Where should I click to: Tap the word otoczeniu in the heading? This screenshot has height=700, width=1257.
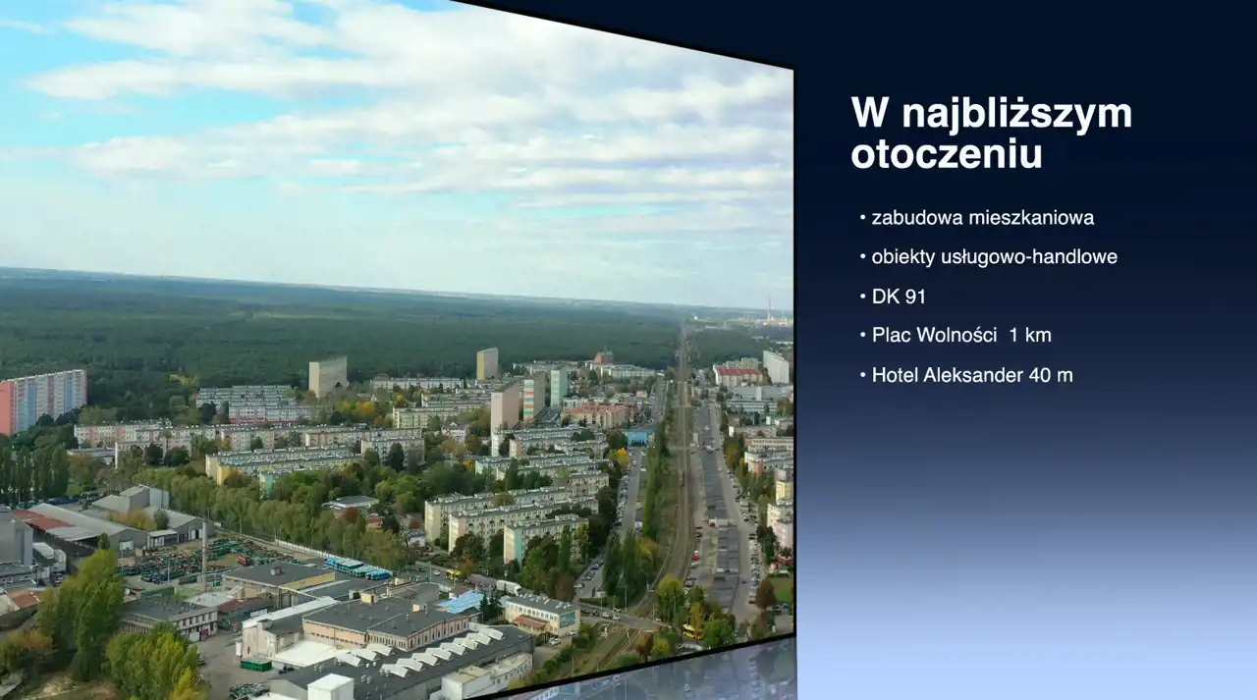click(x=947, y=153)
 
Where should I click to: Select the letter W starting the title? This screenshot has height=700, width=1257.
click(x=870, y=113)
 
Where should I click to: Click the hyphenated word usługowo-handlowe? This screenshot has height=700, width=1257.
click(x=1029, y=257)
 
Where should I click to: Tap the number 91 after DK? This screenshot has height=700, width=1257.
click(x=914, y=296)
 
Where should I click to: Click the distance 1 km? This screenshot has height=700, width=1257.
click(x=1030, y=335)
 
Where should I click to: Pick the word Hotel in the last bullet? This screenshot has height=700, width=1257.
click(x=895, y=375)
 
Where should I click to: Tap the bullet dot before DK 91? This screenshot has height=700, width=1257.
click(x=863, y=296)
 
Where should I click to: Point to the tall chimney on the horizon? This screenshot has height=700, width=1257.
click(x=769, y=307)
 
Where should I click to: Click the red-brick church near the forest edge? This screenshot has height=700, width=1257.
click(x=603, y=355)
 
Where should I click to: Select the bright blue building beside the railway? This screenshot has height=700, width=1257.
click(x=639, y=436)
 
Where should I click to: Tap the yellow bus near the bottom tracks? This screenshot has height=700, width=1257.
click(x=693, y=631)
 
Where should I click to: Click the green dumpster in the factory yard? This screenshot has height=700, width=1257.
click(x=256, y=665)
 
